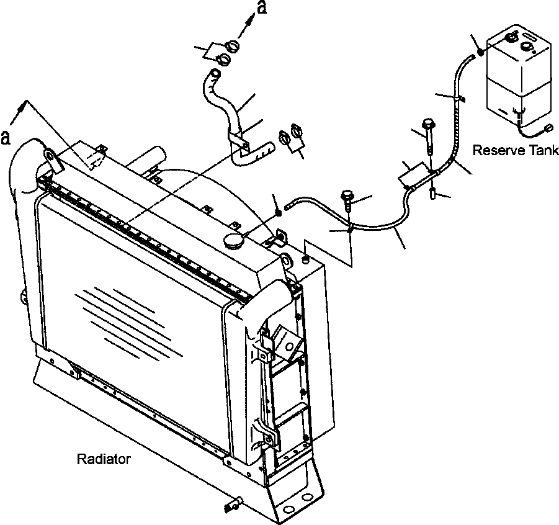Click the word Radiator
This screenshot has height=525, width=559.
click(104, 459)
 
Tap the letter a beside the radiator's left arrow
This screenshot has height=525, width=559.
click(6, 137)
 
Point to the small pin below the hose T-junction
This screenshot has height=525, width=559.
click(431, 194)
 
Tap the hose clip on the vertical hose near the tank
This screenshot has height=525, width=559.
click(459, 98)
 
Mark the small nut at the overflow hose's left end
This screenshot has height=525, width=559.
click(279, 212)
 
